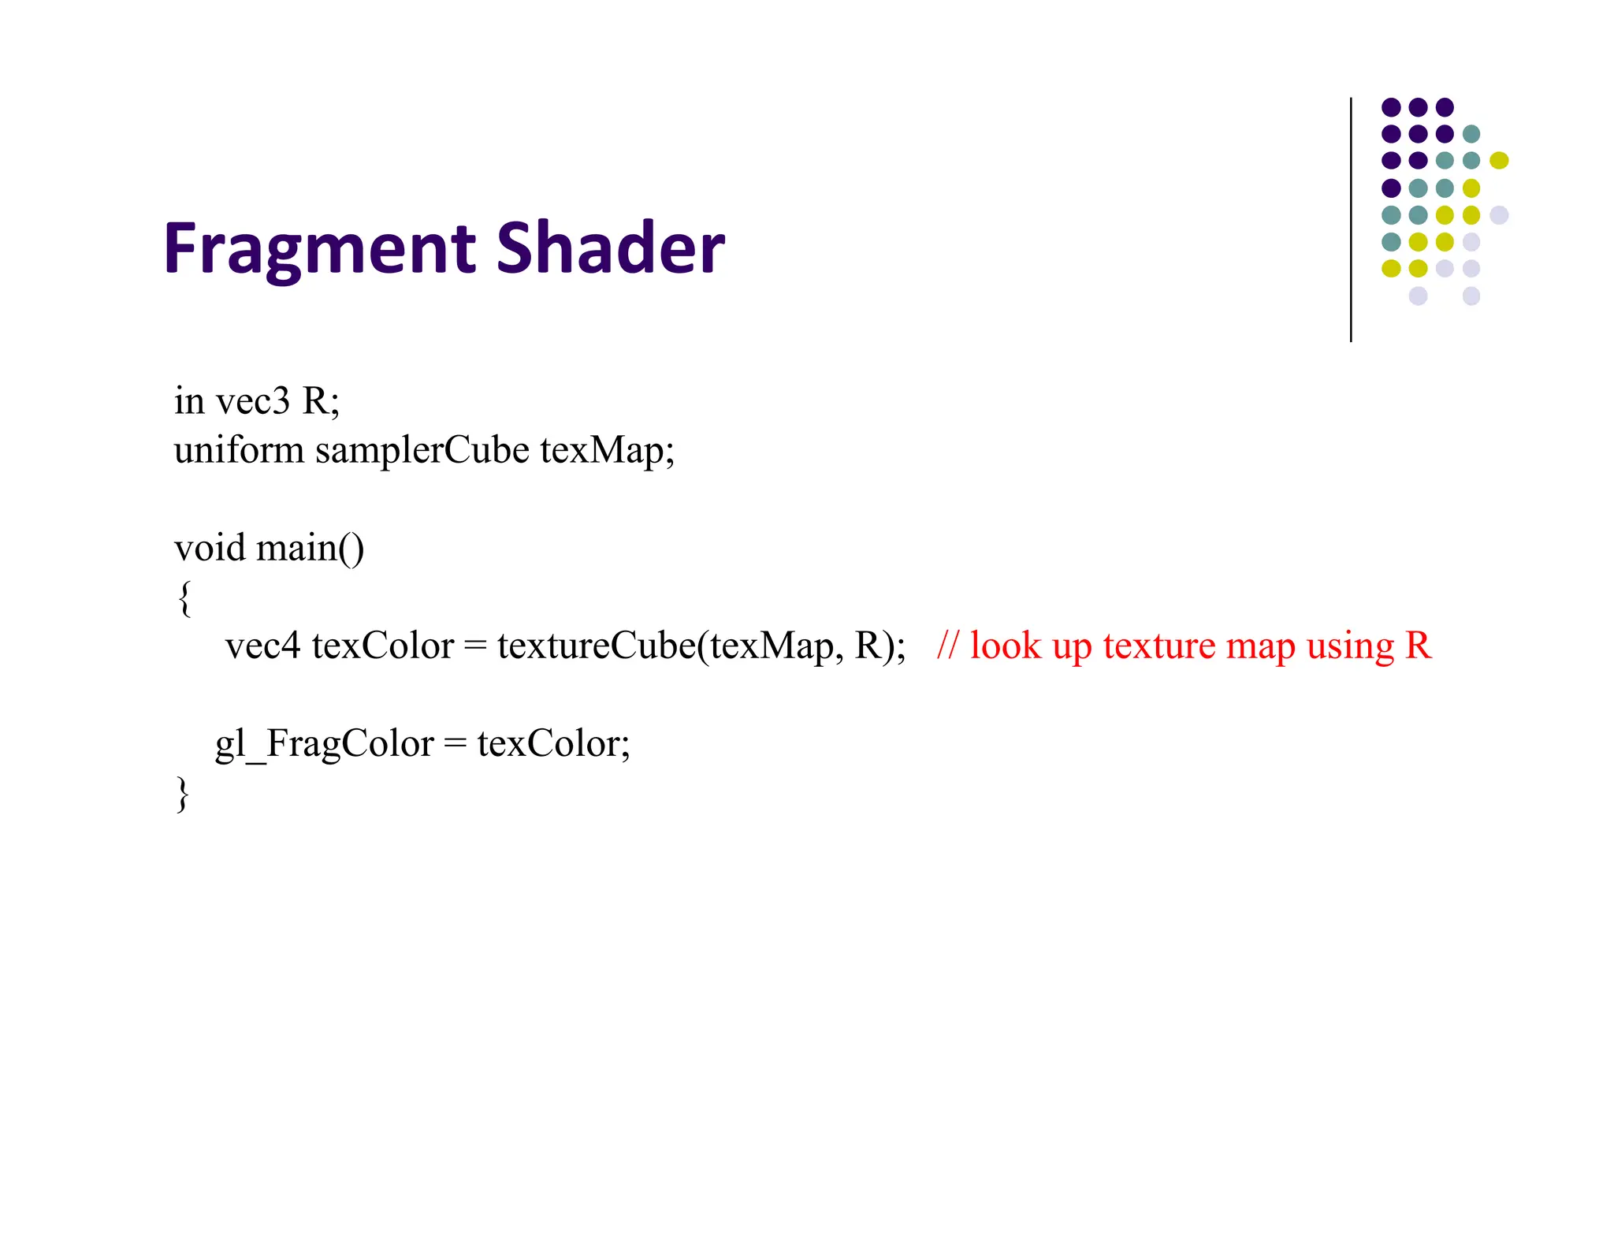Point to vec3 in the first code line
(x=253, y=401)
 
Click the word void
(x=210, y=548)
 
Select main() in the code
(x=311, y=549)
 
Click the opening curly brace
(x=184, y=597)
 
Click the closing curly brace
(x=183, y=793)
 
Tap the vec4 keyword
(x=262, y=646)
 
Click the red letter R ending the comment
(x=1418, y=646)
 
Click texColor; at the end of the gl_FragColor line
(x=553, y=744)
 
